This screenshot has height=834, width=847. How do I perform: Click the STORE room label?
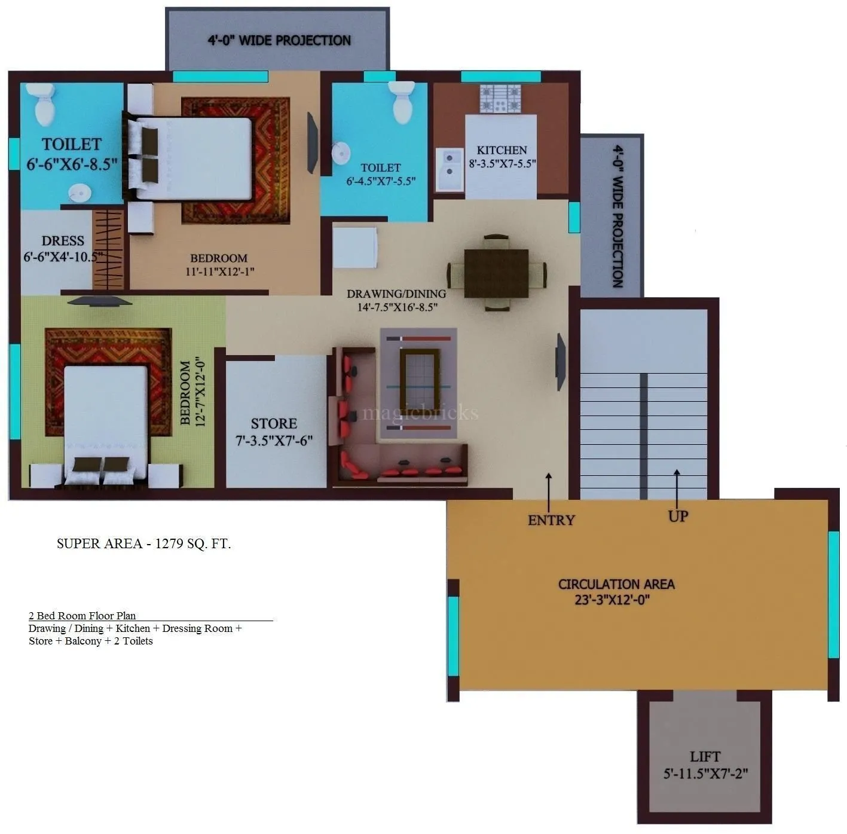(x=274, y=424)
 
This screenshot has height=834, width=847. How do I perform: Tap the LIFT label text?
(x=705, y=757)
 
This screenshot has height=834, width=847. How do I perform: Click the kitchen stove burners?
(x=501, y=99)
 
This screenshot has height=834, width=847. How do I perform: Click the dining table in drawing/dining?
(x=496, y=273)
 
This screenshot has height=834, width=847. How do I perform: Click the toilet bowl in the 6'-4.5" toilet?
(x=401, y=102)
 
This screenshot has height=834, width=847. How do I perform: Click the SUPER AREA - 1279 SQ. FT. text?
(x=143, y=543)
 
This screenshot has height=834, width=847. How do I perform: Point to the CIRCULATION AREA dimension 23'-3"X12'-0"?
(x=612, y=600)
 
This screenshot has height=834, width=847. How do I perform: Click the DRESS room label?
(x=63, y=241)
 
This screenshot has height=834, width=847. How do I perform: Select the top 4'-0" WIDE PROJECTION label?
(x=279, y=41)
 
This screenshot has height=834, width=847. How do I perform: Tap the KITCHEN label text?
(x=502, y=150)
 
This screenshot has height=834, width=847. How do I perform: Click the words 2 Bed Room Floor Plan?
(x=82, y=616)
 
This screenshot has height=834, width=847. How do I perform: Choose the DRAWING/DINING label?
(x=396, y=294)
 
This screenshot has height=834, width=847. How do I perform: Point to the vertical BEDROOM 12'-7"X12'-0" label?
(x=192, y=392)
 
